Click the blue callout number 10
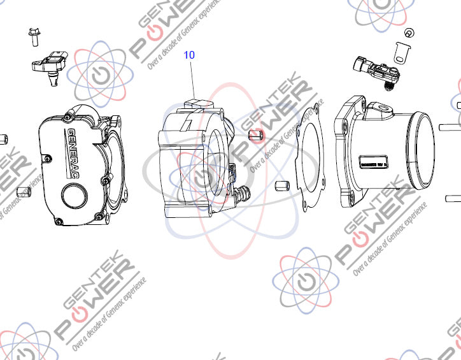click(x=189, y=55)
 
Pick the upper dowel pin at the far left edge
click(x=3, y=140)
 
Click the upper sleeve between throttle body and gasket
click(x=255, y=135)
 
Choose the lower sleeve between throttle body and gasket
click(x=281, y=187)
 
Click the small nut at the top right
click(x=408, y=32)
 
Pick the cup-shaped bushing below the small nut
click(x=400, y=53)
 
